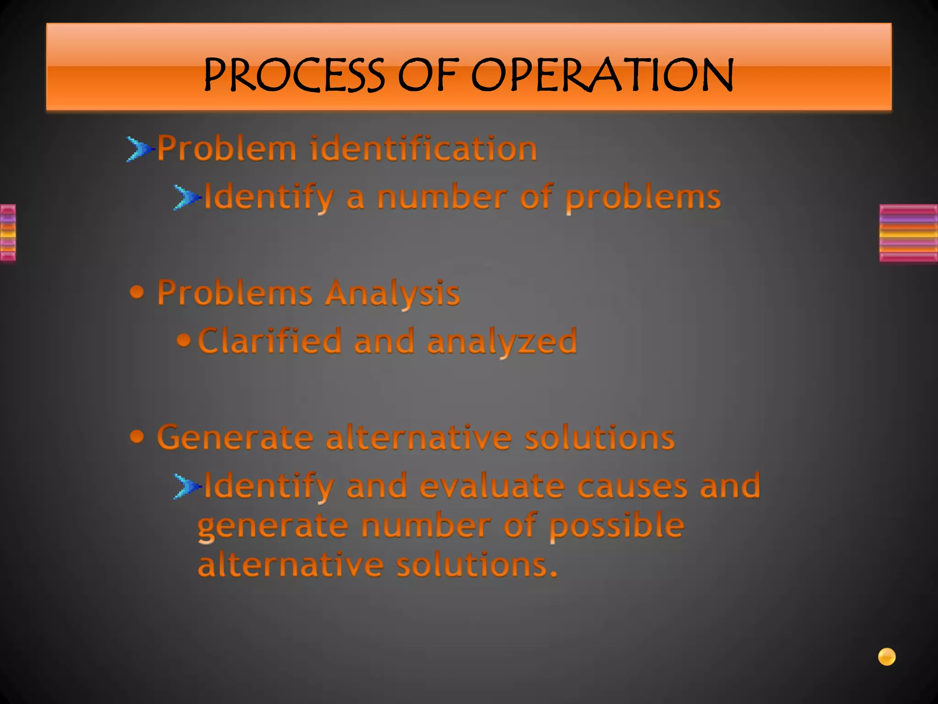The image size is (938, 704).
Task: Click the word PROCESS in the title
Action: pos(294,75)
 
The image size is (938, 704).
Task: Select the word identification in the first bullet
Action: pos(424,149)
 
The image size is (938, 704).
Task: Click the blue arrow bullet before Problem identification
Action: pos(139,149)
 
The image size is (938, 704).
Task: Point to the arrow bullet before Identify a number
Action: pos(186,198)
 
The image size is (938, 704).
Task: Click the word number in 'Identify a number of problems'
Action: pos(442,198)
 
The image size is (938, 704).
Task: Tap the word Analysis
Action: pos(392,293)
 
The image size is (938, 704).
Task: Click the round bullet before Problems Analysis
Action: pos(137,292)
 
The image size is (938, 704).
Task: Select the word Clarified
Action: pos(270,341)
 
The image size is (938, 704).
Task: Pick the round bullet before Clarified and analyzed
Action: pos(184,340)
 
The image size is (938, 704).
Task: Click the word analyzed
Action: pos(502,342)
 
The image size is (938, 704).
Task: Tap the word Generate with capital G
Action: pos(235,438)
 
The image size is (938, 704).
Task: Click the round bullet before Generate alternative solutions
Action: pos(137,436)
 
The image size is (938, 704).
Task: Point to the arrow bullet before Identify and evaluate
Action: pos(186,486)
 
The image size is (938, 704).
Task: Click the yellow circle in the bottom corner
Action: pos(887,657)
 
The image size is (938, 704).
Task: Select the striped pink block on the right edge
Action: pos(908,233)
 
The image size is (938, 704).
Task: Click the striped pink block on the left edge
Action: pos(8,233)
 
